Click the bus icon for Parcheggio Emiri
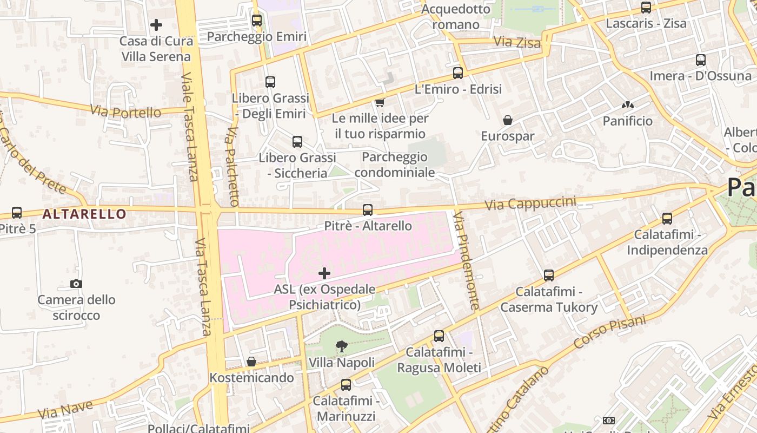point(257,21)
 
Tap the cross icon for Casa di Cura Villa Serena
point(156,25)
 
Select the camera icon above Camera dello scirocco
point(76,284)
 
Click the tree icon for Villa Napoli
point(341,346)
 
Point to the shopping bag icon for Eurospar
point(508,120)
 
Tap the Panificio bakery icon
point(628,105)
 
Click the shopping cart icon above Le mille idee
point(380,102)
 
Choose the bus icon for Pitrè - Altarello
point(368,209)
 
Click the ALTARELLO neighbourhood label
point(84,214)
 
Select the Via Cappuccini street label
point(530,204)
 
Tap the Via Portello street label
point(125,111)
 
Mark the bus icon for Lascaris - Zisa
point(646,8)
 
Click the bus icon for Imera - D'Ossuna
point(701,60)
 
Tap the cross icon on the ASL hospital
point(324,273)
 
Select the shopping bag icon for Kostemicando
point(251,362)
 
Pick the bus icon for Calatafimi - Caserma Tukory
point(549,275)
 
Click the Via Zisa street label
point(517,42)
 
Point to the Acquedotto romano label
point(456,17)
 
